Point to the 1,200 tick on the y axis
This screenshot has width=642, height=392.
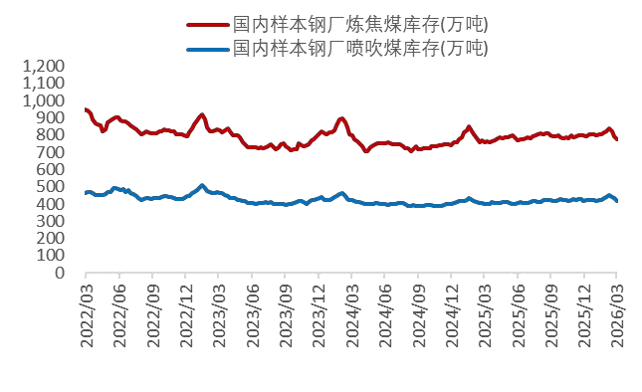[x=43, y=66]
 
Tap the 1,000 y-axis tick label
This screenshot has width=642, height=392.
[x=43, y=100]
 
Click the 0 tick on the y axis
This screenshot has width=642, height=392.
[x=60, y=273]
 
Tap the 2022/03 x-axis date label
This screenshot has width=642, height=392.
[x=86, y=312]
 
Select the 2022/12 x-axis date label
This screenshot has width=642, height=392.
[x=185, y=312]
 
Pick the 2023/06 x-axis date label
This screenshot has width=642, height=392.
[x=252, y=312]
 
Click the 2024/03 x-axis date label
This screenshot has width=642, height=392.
[x=351, y=312]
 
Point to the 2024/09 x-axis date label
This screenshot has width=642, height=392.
[x=418, y=312]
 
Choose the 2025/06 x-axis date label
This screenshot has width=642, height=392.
[x=518, y=312]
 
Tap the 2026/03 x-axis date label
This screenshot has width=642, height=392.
[x=617, y=312]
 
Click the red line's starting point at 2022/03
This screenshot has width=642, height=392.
[x=86, y=109]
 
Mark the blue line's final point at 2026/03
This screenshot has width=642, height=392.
[x=616, y=201]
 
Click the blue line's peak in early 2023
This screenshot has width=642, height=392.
[x=202, y=185]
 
